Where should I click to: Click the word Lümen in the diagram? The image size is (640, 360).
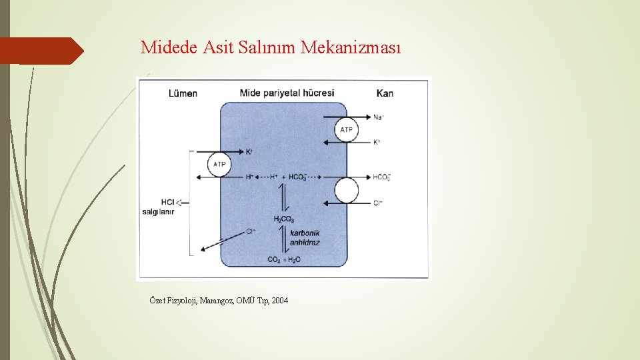click(183, 93)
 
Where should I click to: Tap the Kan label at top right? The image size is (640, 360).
click(385, 93)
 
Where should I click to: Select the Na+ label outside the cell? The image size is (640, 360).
click(378, 117)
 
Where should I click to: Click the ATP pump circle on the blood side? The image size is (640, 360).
click(346, 129)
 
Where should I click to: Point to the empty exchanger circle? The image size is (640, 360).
click(346, 191)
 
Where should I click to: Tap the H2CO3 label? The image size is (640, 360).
click(283, 219)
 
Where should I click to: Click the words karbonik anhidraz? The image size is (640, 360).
click(305, 237)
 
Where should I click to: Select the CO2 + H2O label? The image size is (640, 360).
click(283, 259)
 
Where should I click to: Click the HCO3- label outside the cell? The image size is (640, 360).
click(381, 177)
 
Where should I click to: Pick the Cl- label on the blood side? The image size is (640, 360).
click(378, 203)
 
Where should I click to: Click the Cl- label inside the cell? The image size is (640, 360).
click(251, 231)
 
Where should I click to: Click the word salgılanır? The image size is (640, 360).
click(158, 212)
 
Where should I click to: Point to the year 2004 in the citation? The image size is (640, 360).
click(280, 301)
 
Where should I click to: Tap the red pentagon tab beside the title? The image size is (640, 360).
click(41, 51)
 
